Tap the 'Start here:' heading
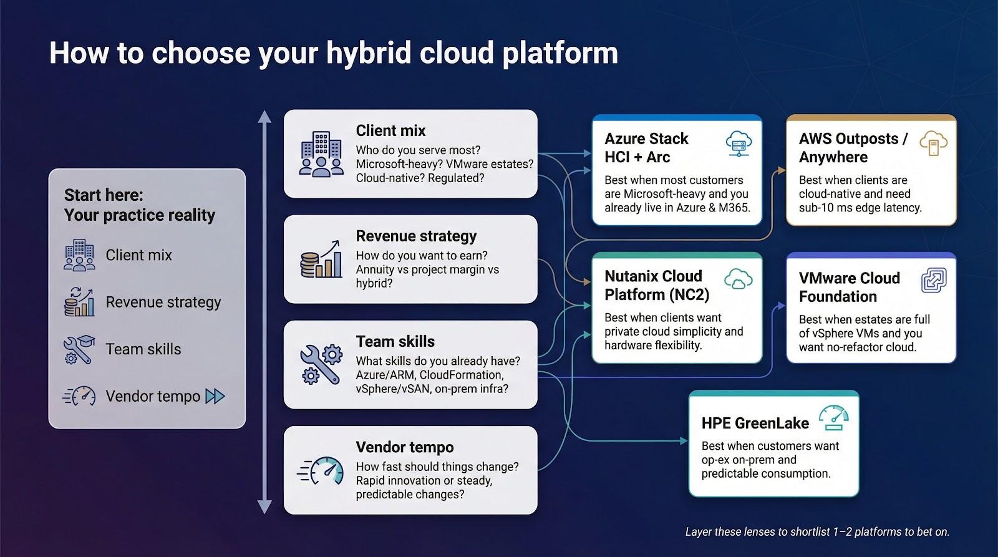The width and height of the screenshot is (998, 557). [104, 195]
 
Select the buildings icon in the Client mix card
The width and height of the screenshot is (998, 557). [321, 153]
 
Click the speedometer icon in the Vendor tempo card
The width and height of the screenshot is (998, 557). [321, 471]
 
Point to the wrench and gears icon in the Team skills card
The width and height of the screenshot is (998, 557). [321, 364]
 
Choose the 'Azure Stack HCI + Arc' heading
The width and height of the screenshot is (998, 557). [646, 148]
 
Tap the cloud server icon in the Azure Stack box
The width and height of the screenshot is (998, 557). [739, 145]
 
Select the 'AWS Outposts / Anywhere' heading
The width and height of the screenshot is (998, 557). [852, 148]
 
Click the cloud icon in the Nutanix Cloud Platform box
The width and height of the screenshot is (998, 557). [738, 279]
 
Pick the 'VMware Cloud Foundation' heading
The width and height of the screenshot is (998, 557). [849, 287]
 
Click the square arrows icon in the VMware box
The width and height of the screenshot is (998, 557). [934, 281]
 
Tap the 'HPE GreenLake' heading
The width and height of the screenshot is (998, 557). [755, 423]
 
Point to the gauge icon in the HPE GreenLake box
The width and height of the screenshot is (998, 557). [834, 418]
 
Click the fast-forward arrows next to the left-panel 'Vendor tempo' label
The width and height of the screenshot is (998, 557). [215, 396]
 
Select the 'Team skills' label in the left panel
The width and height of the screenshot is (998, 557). [143, 349]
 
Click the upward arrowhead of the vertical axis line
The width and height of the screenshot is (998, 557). [265, 117]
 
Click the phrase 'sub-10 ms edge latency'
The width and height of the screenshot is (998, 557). [860, 208]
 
